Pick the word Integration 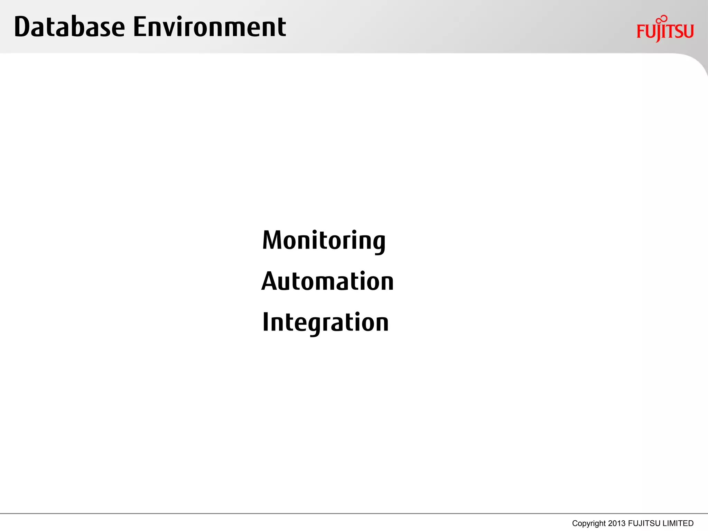(325, 322)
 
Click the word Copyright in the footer (589, 523)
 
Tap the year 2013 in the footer (617, 523)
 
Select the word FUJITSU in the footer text (644, 523)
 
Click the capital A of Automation (270, 281)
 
